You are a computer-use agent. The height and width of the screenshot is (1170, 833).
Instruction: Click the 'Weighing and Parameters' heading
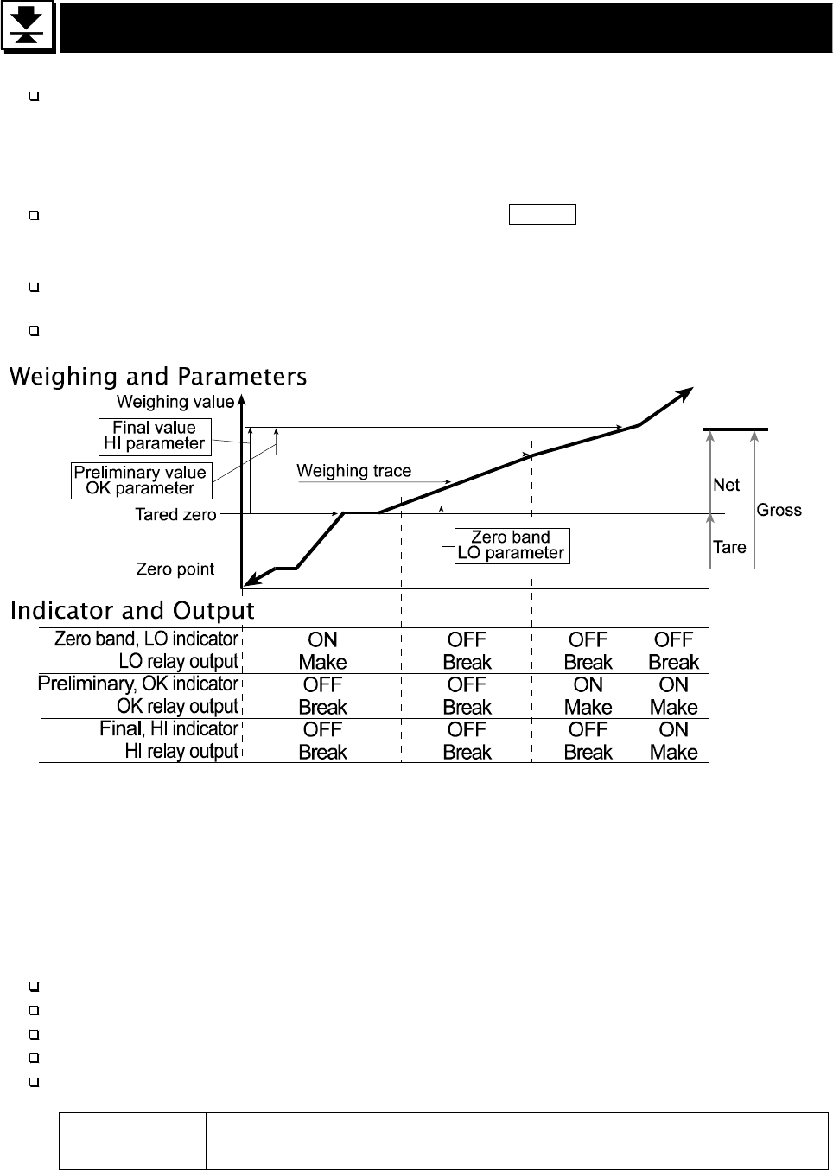pyautogui.click(x=158, y=377)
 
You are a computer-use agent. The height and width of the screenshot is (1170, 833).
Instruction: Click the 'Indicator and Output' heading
pyautogui.click(x=132, y=611)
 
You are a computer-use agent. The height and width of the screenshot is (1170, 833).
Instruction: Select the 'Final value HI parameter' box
pyautogui.click(x=154, y=436)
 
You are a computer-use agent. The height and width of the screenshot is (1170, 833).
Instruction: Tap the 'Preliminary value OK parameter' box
pyautogui.click(x=140, y=480)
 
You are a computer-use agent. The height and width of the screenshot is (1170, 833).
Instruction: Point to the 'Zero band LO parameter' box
pyautogui.click(x=511, y=545)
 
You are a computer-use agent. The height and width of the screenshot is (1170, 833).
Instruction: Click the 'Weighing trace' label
pyautogui.click(x=353, y=471)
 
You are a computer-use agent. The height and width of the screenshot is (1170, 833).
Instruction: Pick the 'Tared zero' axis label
pyautogui.click(x=175, y=515)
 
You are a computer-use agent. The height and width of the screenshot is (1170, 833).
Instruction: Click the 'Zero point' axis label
pyautogui.click(x=175, y=569)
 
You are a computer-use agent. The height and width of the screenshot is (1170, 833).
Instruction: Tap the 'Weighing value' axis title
pyautogui.click(x=175, y=402)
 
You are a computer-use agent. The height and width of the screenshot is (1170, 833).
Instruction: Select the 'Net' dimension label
pyautogui.click(x=726, y=485)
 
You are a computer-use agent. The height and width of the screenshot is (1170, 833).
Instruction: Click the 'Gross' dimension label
pyautogui.click(x=779, y=510)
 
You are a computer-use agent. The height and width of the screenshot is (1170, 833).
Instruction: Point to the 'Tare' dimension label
pyautogui.click(x=729, y=547)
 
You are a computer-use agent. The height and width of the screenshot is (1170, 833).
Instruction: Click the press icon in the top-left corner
pyautogui.click(x=29, y=29)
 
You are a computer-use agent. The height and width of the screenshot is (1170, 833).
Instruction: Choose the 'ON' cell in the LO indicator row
pyautogui.click(x=322, y=639)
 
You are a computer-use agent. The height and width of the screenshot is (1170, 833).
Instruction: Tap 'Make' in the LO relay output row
pyautogui.click(x=322, y=663)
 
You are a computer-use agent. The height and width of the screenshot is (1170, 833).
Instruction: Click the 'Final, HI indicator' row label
pyautogui.click(x=169, y=728)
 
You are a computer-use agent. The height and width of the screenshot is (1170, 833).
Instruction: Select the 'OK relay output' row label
pyautogui.click(x=177, y=706)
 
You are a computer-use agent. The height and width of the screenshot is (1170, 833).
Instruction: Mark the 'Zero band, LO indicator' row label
pyautogui.click(x=146, y=639)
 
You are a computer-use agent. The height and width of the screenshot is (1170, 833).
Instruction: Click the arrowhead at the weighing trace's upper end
pyautogui.click(x=685, y=393)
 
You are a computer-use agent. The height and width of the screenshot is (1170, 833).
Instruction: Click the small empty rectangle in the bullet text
pyautogui.click(x=542, y=215)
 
